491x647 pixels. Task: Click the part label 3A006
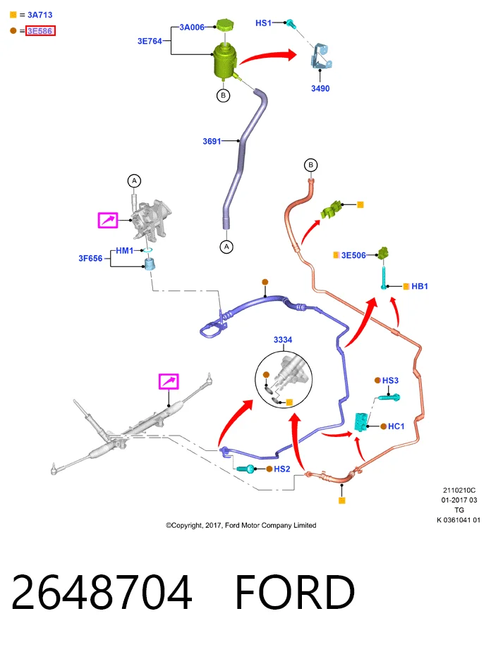click(192, 27)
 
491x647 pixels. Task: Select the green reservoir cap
click(225, 25)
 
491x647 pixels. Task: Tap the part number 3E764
click(150, 41)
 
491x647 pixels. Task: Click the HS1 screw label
click(263, 23)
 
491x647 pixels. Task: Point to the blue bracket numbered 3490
click(321, 56)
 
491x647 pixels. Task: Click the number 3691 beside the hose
click(212, 141)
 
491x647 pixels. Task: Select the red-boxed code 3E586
click(40, 31)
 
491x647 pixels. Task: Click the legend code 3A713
click(40, 15)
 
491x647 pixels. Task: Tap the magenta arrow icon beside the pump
click(108, 220)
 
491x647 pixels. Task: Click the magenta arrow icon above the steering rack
click(169, 381)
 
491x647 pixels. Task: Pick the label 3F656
click(90, 258)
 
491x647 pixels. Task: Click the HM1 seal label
click(124, 250)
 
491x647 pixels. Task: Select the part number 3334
click(283, 340)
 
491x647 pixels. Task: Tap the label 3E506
click(353, 255)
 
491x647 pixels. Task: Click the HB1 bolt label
click(420, 286)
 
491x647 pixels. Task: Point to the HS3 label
click(390, 380)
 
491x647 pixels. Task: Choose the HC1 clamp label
click(396, 426)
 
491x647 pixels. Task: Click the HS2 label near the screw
click(282, 469)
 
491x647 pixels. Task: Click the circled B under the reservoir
click(224, 96)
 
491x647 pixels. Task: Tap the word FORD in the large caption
click(295, 592)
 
